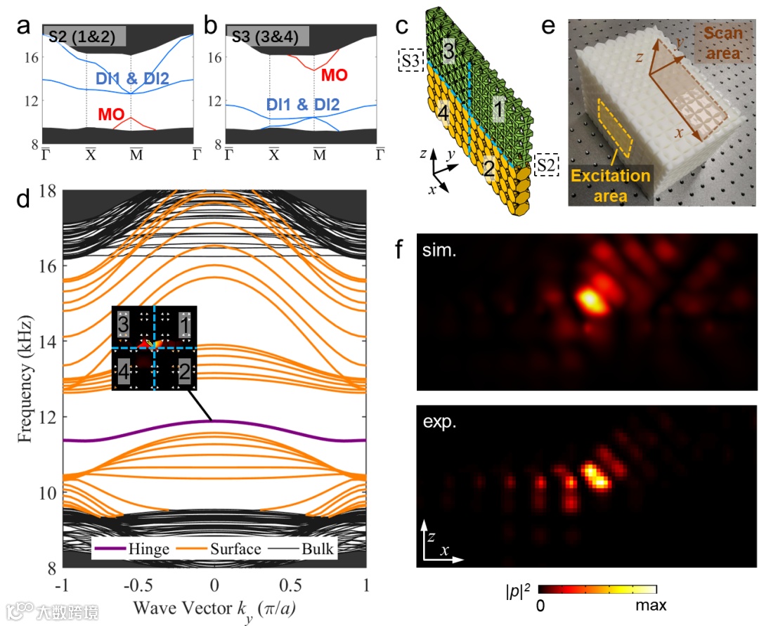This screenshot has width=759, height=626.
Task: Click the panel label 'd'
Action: [25, 200]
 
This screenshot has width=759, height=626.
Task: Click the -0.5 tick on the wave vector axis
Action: [138, 586]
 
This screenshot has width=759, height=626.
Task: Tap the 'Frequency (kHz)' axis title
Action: [25, 379]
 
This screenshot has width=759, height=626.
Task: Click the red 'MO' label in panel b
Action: [333, 75]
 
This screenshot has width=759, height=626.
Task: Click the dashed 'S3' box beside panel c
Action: [410, 60]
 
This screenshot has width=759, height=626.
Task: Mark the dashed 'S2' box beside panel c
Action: [545, 165]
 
